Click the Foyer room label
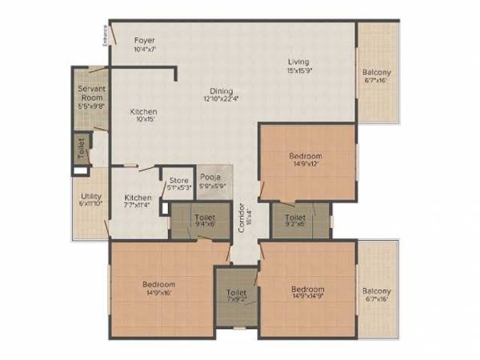click(145, 40)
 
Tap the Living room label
click(299, 62)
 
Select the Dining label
click(222, 90)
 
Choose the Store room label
click(179, 181)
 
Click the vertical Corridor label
click(241, 218)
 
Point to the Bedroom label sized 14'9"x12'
click(306, 155)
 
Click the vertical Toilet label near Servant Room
click(81, 147)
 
